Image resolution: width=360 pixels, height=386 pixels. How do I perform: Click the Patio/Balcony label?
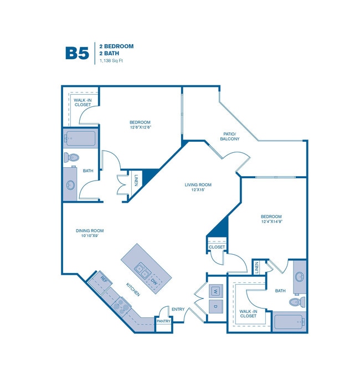[x=230, y=136]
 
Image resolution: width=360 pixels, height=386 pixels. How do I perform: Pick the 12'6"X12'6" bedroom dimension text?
[x=140, y=127]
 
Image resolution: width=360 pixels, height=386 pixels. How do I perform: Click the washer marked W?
[x=216, y=290]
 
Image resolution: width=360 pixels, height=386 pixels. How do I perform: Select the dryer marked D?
[x=216, y=306]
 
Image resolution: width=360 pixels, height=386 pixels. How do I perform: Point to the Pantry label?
[x=163, y=321]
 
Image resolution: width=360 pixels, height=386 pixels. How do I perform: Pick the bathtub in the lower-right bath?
[x=289, y=322]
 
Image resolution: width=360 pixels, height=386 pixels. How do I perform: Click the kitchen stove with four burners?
[x=120, y=303]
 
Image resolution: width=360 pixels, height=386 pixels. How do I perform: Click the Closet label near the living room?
[x=217, y=247]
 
